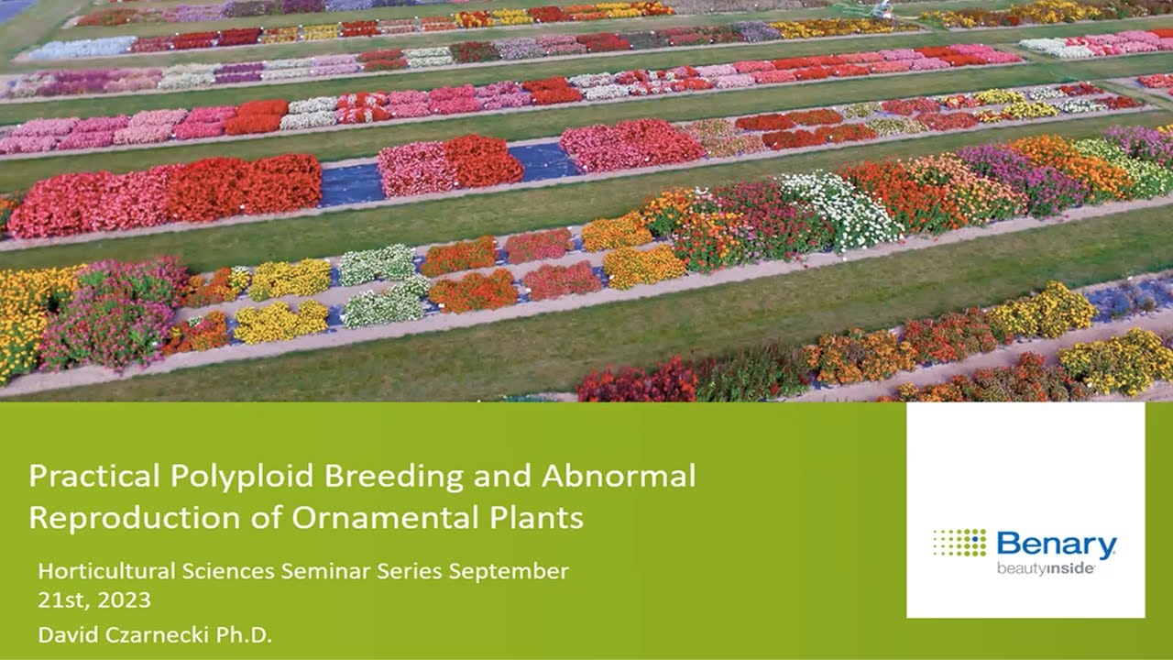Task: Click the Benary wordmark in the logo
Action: (1056, 545)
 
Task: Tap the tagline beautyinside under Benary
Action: (1046, 568)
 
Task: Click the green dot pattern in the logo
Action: (959, 543)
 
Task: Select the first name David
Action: (64, 634)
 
